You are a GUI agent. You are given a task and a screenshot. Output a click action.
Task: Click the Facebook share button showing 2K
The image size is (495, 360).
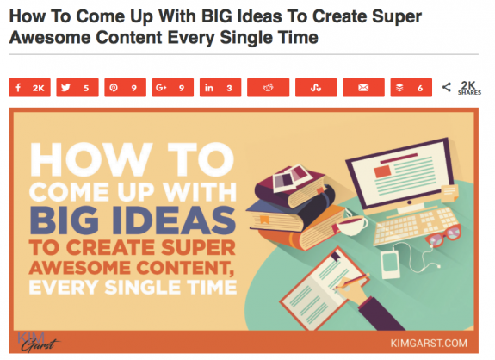(29, 88)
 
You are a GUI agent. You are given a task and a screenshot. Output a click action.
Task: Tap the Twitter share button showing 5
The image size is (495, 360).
(77, 88)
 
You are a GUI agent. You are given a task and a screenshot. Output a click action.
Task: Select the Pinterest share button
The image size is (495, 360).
(125, 88)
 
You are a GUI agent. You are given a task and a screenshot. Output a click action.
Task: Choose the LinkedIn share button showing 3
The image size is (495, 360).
(220, 88)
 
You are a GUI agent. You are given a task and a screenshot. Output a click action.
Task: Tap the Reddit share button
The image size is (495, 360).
(268, 88)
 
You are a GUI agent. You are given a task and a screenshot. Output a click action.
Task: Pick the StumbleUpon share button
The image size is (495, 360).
(315, 88)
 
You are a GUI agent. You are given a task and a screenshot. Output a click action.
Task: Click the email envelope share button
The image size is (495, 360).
(363, 88)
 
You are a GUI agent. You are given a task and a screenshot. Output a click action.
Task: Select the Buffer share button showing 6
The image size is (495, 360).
(411, 88)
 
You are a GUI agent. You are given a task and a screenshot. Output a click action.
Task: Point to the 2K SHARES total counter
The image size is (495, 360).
(466, 88)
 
